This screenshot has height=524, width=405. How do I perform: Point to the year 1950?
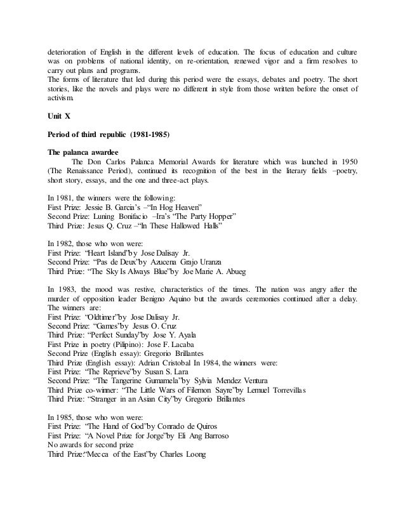[346, 162]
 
